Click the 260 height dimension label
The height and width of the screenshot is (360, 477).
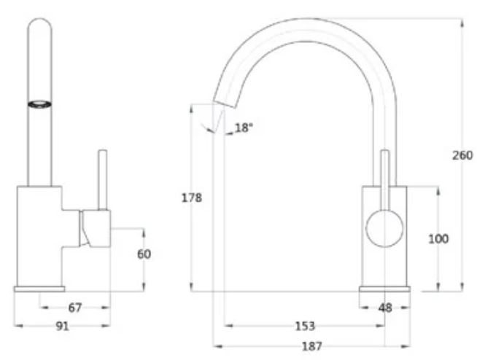pyautogui.click(x=462, y=155)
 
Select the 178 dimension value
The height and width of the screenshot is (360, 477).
pyautogui.click(x=192, y=197)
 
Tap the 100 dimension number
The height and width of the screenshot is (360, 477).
pyautogui.click(x=438, y=238)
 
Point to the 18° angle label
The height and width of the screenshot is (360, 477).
pyautogui.click(x=243, y=128)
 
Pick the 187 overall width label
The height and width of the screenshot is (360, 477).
pyautogui.click(x=311, y=347)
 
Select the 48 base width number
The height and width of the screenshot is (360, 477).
pyautogui.click(x=385, y=308)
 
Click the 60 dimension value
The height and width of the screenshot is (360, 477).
pyautogui.click(x=144, y=254)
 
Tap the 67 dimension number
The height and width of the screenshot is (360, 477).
pyautogui.click(x=74, y=308)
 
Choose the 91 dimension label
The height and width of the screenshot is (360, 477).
pyautogui.click(x=63, y=326)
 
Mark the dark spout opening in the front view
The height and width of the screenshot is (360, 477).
pyautogui.click(x=40, y=104)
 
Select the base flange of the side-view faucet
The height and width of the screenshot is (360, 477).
pyautogui.click(x=384, y=289)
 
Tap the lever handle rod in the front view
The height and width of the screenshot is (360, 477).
pyautogui.click(x=103, y=179)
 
